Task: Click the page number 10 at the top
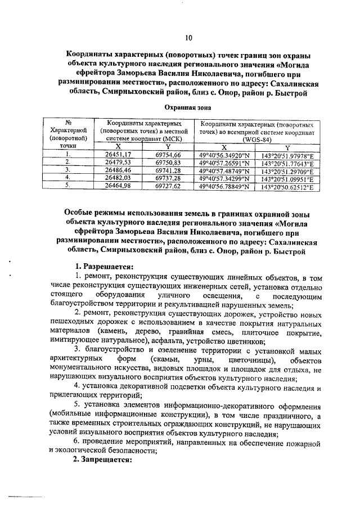tap(188, 38)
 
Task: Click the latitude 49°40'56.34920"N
tap(224, 154)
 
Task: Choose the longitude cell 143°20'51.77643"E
tap(287, 161)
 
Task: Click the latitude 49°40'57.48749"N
tap(224, 169)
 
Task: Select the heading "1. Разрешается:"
tap(104, 265)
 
